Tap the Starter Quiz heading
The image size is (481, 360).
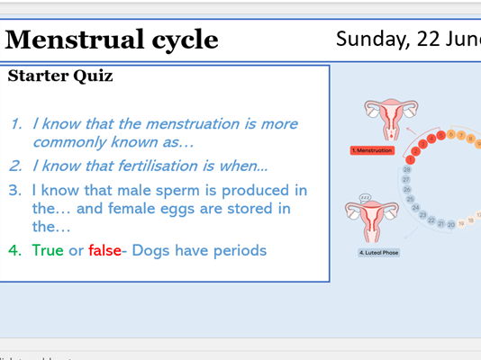click(60, 76)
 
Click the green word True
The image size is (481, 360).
click(48, 250)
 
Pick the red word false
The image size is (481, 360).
click(104, 250)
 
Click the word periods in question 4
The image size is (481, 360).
click(237, 250)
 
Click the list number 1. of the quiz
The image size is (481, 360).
click(17, 123)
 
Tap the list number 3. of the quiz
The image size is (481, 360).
click(17, 190)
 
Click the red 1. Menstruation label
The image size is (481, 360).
click(374, 150)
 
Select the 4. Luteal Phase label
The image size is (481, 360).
click(378, 253)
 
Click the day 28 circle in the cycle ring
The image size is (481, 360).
click(406, 168)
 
